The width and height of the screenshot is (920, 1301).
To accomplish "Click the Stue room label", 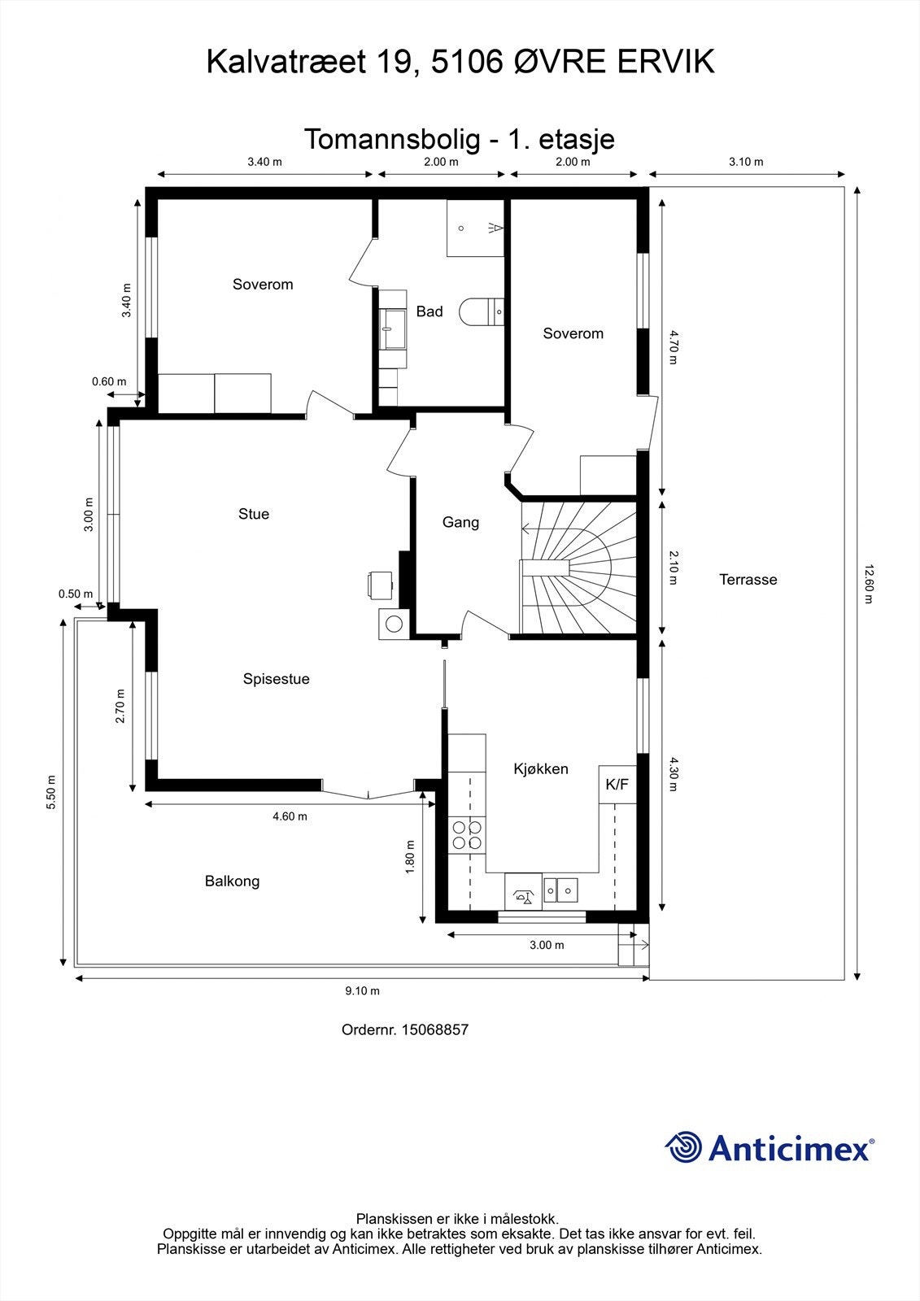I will click(x=254, y=514).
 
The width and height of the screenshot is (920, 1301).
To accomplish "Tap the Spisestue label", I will click(x=276, y=679).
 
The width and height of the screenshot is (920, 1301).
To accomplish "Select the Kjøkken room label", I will click(x=541, y=769).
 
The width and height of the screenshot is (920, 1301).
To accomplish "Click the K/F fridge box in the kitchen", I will click(x=617, y=785).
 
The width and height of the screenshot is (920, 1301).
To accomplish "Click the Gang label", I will click(x=460, y=522).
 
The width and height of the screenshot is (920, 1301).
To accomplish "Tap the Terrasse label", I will click(x=748, y=580).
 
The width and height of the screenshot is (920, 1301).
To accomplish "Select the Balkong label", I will click(x=232, y=881).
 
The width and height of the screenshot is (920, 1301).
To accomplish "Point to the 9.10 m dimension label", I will click(x=362, y=991).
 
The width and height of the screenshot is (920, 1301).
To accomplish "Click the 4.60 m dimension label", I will click(x=290, y=816).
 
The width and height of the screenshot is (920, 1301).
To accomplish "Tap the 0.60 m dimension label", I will click(x=109, y=381).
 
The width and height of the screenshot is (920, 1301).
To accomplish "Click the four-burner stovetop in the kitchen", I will click(x=467, y=836).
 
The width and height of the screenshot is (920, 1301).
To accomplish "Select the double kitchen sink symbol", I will click(x=560, y=890).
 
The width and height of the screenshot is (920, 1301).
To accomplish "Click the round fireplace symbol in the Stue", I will click(x=395, y=624).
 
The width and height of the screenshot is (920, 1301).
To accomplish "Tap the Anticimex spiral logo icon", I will click(x=684, y=1148).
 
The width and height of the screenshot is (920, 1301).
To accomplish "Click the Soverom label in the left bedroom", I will click(x=262, y=285).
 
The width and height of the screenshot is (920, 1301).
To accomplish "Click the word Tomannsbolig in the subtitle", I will click(x=392, y=139).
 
